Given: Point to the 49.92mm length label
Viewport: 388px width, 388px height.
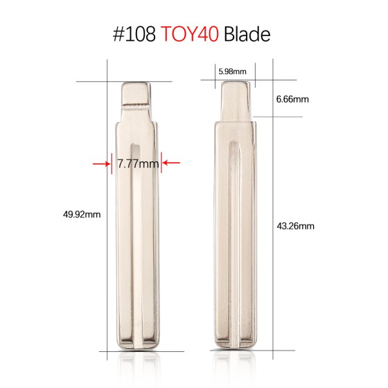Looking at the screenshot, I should pos(82,214).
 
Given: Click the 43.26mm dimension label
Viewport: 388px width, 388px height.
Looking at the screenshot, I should pos(295,227).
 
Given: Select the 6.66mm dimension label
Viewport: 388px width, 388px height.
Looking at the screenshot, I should pos(292,99).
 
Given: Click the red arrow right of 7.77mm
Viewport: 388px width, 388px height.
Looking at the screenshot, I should pos(170,164).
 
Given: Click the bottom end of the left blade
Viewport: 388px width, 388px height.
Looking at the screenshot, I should pos(136,345).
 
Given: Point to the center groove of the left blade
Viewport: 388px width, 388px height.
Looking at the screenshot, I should pos(132,242).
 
